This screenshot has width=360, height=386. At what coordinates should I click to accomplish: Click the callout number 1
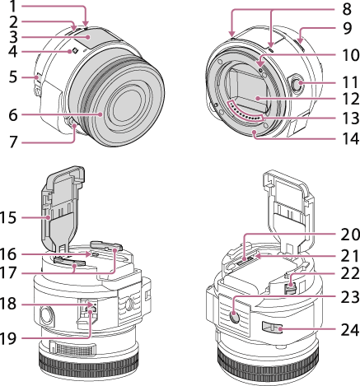tap(13, 7)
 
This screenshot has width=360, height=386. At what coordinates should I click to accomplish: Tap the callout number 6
tap(13, 115)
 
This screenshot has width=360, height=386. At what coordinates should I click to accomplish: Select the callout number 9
tap(347, 28)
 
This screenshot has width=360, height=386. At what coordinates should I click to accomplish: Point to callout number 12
tap(350, 99)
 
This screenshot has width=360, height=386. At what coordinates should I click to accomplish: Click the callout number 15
tap(9, 218)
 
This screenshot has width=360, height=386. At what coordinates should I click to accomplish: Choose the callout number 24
tap(350, 330)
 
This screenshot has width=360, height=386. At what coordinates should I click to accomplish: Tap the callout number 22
tap(350, 273)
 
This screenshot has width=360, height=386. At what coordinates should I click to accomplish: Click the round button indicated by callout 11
tap(298, 83)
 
